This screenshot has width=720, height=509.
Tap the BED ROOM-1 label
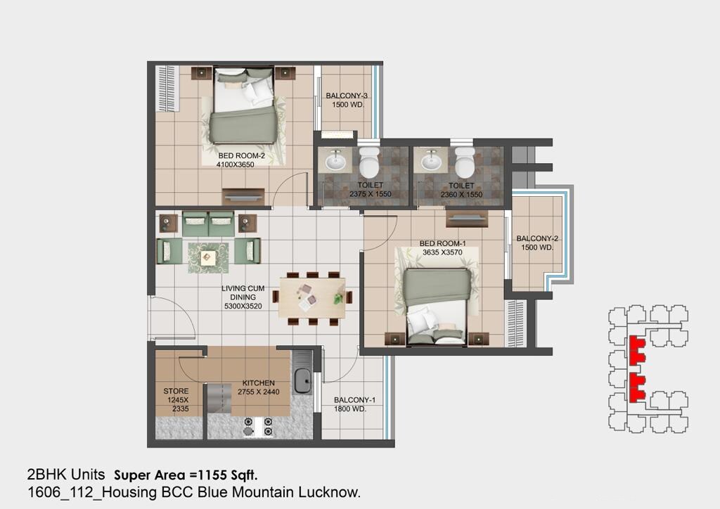click(x=442, y=243)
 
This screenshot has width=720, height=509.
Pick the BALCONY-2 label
click(x=537, y=239)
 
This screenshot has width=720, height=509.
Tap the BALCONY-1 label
click(x=354, y=400)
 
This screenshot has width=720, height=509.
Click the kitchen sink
click(x=303, y=380)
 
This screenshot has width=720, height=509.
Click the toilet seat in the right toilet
click(x=463, y=166)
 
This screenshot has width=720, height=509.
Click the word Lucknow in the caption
click(x=333, y=493)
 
